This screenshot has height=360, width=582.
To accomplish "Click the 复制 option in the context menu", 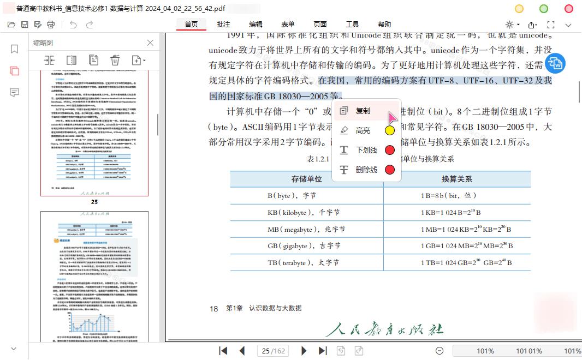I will point(363,111).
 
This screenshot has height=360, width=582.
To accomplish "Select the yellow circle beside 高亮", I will point(390,130).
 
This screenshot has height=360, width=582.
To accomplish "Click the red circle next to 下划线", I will point(390,150).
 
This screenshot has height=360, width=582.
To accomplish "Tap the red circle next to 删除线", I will point(390,170).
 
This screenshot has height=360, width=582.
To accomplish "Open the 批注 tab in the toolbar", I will point(223,25).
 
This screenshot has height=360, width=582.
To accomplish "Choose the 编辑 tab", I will point(256,25).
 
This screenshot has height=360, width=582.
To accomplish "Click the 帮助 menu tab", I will point(384,25).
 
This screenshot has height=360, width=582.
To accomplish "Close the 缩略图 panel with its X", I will point(151,43).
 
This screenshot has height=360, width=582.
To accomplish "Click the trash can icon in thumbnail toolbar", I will point(115,60).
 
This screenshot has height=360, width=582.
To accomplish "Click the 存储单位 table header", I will point(306,179).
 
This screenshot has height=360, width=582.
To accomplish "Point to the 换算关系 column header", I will point(456,179).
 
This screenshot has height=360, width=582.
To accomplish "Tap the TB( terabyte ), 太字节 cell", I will point(303,262).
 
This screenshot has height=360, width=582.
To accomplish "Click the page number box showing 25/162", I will point(274,351).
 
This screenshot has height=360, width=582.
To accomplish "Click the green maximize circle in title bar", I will point(544,9).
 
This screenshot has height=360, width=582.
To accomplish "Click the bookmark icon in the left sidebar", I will point(15,49).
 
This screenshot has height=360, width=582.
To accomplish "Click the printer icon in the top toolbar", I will point(51,25).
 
